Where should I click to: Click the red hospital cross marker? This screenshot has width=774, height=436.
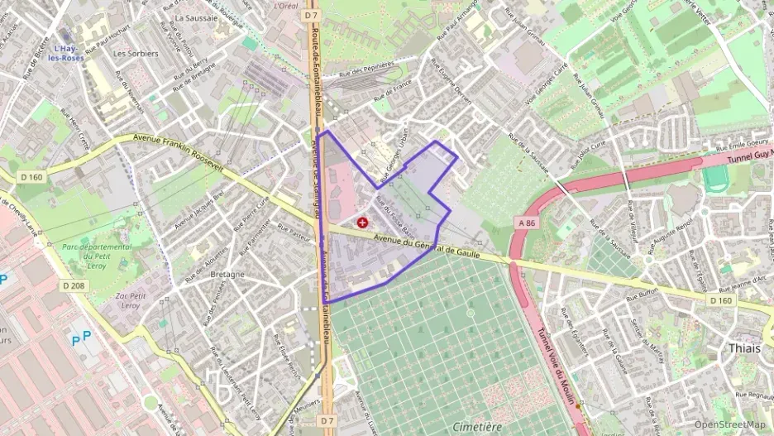tap(361, 222)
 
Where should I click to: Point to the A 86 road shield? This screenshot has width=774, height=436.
tap(526, 222)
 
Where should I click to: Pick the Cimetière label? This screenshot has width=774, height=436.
tap(477, 426)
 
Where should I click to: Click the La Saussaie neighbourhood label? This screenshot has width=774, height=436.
tap(196, 17)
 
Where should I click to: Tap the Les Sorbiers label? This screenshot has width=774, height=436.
tap(136, 53)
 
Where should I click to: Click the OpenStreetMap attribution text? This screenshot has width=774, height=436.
tap(730, 424)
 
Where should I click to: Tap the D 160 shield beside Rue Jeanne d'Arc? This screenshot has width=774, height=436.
tap(721, 300)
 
